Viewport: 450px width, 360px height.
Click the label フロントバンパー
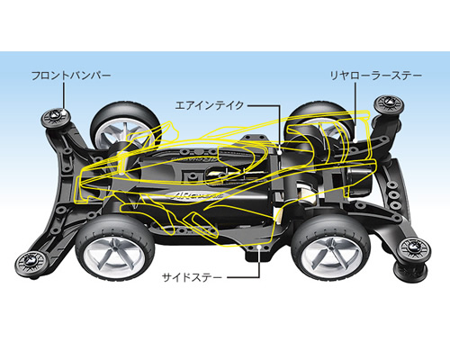tap(71, 76)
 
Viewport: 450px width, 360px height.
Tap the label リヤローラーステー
tap(376, 76)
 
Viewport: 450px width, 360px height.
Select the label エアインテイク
tap(210, 105)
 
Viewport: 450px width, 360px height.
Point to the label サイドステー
tap(192, 277)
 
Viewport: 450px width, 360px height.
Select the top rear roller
tap(388, 103)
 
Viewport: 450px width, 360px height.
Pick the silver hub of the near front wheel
tap(114, 251)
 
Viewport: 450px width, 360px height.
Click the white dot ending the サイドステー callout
tap(259, 247)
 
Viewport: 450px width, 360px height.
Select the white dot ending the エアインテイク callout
tap(280, 152)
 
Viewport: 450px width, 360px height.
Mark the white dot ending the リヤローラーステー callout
tap(355, 139)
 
